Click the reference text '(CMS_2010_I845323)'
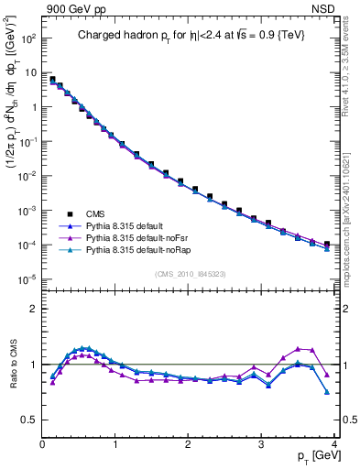coord(191,273)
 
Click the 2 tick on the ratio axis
coord(35,309)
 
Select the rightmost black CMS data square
coord(327,245)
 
